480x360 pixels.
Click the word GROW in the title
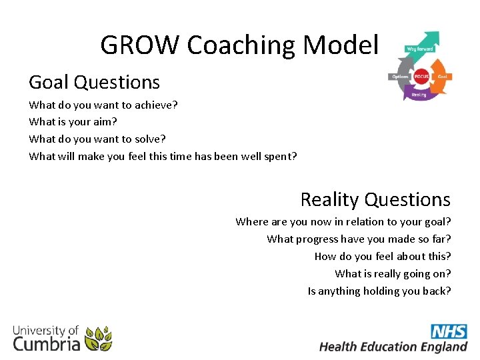(x=141, y=45)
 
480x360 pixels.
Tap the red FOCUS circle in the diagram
(x=421, y=77)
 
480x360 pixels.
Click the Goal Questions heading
(x=94, y=82)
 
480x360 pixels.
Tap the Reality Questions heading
(x=375, y=199)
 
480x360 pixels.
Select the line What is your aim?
(x=73, y=122)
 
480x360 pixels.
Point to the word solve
(x=150, y=139)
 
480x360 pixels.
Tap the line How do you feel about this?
(x=382, y=257)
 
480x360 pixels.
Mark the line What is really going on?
(x=393, y=274)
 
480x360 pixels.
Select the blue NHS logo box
(x=448, y=331)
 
